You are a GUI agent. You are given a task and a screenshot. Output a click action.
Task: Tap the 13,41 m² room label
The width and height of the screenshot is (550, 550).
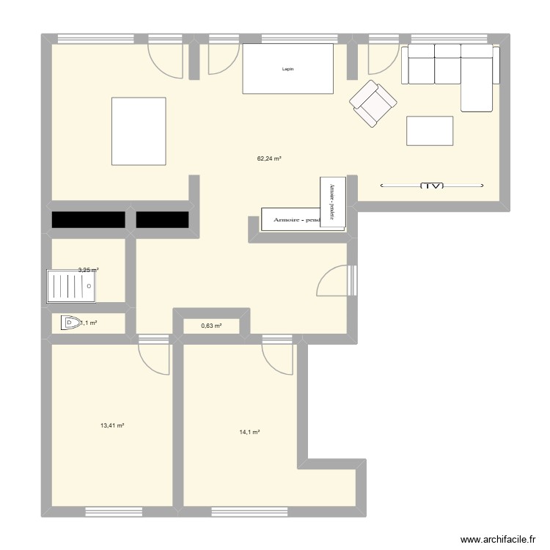(112, 425)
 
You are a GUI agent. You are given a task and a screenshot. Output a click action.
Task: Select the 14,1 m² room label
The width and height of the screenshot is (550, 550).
(250, 432)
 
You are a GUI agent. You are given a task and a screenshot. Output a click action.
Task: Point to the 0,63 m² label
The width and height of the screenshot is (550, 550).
(211, 326)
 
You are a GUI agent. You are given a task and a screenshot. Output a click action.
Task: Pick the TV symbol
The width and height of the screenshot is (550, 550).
(433, 186)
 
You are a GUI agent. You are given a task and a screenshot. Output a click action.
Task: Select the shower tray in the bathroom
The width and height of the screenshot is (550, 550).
(71, 285)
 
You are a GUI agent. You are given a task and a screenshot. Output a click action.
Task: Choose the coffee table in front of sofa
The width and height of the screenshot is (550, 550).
(430, 131)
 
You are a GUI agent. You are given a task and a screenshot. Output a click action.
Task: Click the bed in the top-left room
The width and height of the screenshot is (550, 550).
(139, 131)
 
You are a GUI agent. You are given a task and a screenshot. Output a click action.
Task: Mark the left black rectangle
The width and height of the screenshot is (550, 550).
(87, 220)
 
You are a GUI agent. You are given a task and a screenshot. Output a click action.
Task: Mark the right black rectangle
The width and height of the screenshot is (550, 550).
(163, 220)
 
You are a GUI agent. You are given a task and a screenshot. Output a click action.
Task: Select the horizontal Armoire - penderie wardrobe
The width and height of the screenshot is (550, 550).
(291, 219)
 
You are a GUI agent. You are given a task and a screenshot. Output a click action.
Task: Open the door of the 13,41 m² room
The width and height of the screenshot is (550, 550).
(154, 357)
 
